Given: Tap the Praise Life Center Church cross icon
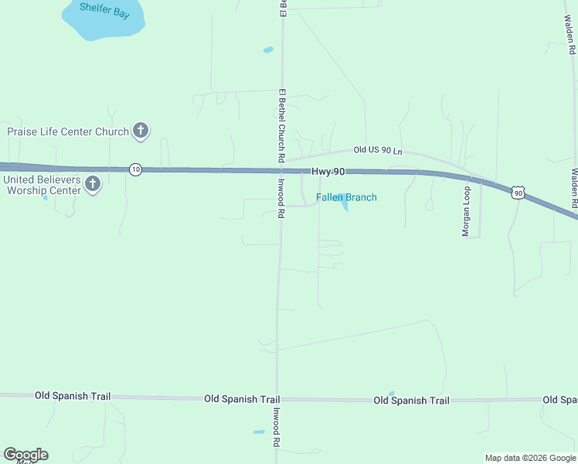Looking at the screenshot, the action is pyautogui.click(x=140, y=131).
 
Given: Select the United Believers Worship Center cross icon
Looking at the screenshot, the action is pyautogui.click(x=93, y=184).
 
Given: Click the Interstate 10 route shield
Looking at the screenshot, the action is pyautogui.click(x=135, y=169).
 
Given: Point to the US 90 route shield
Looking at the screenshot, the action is pyautogui.click(x=518, y=192).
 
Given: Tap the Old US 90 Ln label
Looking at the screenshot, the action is pyautogui.click(x=378, y=151).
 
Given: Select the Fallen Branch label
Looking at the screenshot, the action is pyautogui.click(x=346, y=197).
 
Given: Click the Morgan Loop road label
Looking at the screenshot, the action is pyautogui.click(x=467, y=211).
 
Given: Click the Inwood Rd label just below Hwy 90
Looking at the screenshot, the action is pyautogui.click(x=282, y=200).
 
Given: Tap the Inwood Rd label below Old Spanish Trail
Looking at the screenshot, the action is pyautogui.click(x=275, y=428).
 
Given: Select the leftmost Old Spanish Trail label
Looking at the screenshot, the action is pyautogui.click(x=73, y=396).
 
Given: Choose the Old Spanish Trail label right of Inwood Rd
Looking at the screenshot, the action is pyautogui.click(x=411, y=401).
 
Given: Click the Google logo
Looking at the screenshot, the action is pyautogui.click(x=25, y=455).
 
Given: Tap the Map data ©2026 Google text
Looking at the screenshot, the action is pyautogui.click(x=529, y=458).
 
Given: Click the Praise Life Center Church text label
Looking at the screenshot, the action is pyautogui.click(x=68, y=131).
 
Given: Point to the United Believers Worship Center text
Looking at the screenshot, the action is pyautogui.click(x=42, y=185).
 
